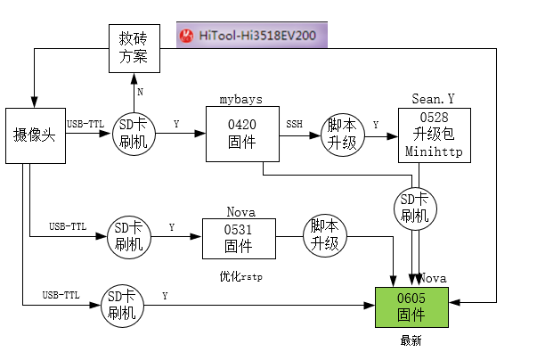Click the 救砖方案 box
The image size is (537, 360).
(x=134, y=49)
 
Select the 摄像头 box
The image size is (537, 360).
(x=36, y=135)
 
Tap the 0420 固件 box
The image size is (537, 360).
(x=242, y=135)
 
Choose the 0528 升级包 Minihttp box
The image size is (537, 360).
(x=434, y=135)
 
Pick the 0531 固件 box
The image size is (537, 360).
(x=238, y=238)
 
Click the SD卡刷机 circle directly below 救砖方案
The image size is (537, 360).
(x=135, y=135)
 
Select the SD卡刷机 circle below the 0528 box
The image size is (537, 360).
(x=416, y=209)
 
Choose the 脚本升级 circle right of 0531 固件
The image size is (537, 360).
(x=324, y=236)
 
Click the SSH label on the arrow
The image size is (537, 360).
(x=294, y=124)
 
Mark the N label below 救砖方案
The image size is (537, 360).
(x=141, y=92)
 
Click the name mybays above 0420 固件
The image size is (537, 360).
(x=240, y=98)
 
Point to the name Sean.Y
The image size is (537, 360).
(x=434, y=98)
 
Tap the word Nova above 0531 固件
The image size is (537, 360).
(x=240, y=212)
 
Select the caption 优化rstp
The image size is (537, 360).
(x=240, y=277)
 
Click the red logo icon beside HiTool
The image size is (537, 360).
(x=187, y=37)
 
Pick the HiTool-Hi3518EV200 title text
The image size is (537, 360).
(x=258, y=37)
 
